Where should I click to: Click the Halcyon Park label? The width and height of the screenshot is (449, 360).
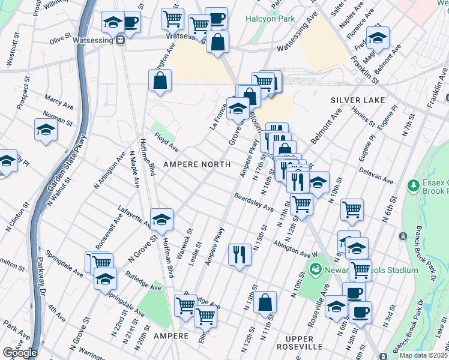[270, 19]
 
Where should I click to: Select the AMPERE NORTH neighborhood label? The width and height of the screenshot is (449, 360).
[197, 164]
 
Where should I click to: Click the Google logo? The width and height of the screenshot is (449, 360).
[19, 352]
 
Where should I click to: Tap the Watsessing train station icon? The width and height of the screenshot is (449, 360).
[121, 40]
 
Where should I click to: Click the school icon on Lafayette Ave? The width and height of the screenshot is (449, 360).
[161, 221]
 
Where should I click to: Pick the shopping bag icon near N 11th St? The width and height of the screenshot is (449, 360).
[265, 302]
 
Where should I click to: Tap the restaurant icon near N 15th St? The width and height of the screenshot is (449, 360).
[240, 254]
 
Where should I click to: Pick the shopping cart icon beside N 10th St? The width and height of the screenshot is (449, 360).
[352, 209]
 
